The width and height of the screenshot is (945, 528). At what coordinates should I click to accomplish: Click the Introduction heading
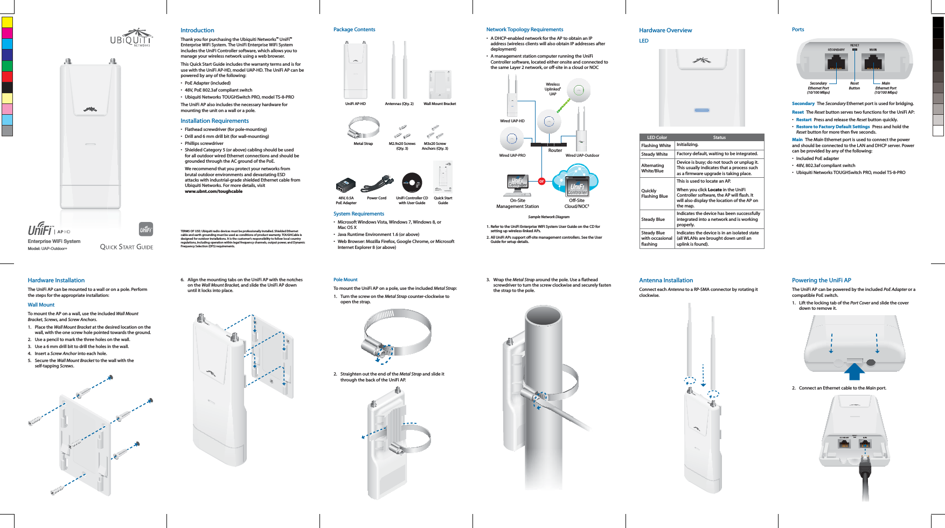[x=197, y=30]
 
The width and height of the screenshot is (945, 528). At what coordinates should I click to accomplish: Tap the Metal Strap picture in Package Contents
[x=363, y=128]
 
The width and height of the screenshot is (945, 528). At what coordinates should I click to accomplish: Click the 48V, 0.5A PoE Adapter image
[x=346, y=185]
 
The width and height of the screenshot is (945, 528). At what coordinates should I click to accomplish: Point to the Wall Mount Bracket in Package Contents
[x=440, y=85]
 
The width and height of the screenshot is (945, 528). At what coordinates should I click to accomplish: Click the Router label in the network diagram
[x=555, y=150]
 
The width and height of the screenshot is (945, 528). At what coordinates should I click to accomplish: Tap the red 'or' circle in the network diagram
[x=542, y=182]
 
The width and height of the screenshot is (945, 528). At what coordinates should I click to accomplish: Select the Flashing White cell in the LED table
[x=656, y=145]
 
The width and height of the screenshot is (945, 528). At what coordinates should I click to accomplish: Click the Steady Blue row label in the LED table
[x=653, y=219]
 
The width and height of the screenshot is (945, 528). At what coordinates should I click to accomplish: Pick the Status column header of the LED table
[x=719, y=137]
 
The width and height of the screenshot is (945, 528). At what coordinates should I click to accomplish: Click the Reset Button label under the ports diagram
[x=854, y=86]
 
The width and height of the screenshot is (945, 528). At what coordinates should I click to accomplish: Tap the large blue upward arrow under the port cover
[x=854, y=371]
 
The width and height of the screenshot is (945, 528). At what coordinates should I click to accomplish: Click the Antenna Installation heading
[x=666, y=280]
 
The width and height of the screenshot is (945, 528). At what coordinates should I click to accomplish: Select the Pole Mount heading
[x=345, y=280]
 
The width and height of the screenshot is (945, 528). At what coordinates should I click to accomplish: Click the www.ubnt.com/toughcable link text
[x=213, y=191]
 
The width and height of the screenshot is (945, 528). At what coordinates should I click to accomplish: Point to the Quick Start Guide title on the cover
[x=127, y=247]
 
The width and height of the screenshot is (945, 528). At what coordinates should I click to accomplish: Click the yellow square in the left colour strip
[x=7, y=22]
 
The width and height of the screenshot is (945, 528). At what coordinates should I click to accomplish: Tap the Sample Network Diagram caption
[x=548, y=217]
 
